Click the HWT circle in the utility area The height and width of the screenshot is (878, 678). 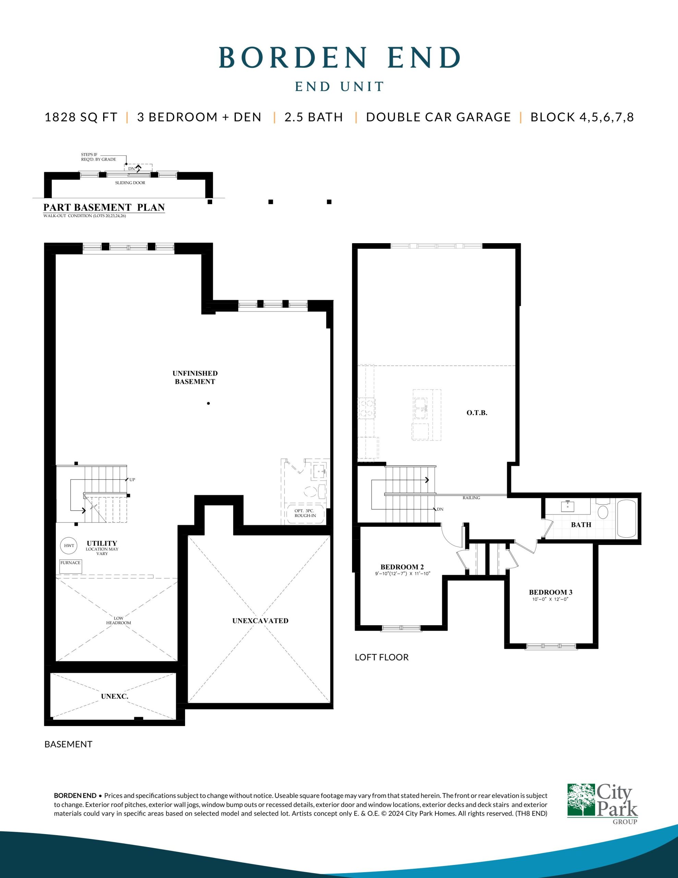69,546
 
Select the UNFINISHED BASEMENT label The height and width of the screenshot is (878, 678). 195,378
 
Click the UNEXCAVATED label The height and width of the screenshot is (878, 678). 261,621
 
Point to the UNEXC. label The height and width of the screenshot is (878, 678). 114,697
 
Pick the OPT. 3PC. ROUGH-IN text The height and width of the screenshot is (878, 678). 305,513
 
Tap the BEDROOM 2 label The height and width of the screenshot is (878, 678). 402,567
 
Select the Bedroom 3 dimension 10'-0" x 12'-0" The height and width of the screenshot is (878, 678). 550,599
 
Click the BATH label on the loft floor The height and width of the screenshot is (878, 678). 581,525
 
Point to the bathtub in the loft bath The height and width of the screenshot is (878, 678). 627,518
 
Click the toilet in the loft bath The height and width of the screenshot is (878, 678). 603,509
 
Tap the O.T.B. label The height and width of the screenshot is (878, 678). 477,413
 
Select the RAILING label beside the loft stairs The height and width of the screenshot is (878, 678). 471,498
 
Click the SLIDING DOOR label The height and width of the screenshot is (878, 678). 130,183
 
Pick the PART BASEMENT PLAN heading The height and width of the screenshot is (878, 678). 104,207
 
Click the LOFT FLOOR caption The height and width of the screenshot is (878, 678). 382,657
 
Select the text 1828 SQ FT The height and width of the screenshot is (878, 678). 81,117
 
